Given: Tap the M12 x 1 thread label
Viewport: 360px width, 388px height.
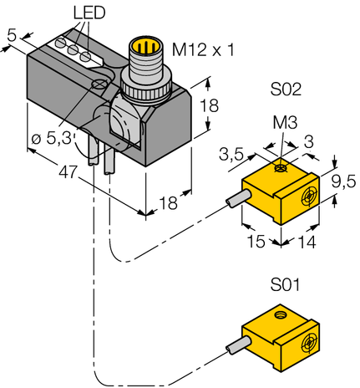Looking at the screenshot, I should pos(202,51).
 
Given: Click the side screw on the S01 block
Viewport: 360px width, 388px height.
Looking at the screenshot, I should pos(310,342).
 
